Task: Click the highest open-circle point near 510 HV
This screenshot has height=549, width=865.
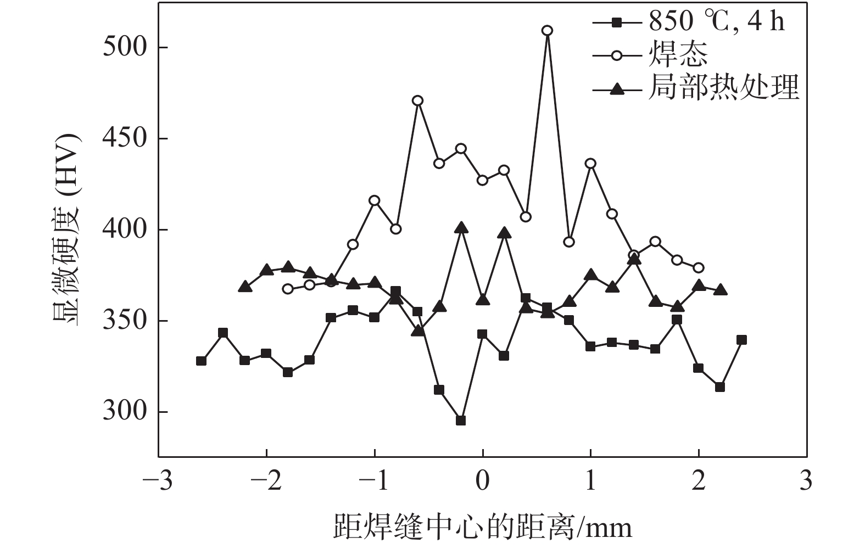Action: pyautogui.click(x=547, y=30)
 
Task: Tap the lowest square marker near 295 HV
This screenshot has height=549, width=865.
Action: pyautogui.click(x=461, y=421)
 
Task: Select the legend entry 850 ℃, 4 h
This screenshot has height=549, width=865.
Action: pyautogui.click(x=716, y=22)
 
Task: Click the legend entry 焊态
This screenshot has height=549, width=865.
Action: pyautogui.click(x=678, y=55)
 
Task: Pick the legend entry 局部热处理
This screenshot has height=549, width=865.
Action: pyautogui.click(x=723, y=88)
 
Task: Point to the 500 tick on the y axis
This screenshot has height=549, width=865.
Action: pyautogui.click(x=125, y=47)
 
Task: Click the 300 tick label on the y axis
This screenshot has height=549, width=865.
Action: pyautogui.click(x=125, y=412)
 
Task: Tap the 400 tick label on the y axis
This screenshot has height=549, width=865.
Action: pyautogui.click(x=125, y=229)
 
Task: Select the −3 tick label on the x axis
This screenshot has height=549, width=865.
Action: pyautogui.click(x=157, y=481)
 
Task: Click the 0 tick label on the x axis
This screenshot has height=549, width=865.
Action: pyautogui.click(x=482, y=481)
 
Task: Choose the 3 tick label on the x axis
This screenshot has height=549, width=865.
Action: pyautogui.click(x=806, y=481)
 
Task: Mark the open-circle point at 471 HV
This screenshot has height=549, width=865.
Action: pyautogui.click(x=417, y=100)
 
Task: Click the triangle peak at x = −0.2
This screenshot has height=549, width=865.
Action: pyautogui.click(x=461, y=227)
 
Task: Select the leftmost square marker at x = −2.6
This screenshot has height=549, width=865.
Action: pyautogui.click(x=201, y=361)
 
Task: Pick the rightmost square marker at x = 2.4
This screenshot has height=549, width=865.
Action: pyautogui.click(x=741, y=340)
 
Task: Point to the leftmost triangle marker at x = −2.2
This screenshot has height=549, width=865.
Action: pyautogui.click(x=245, y=287)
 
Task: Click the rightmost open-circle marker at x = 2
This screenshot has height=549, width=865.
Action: pyautogui.click(x=699, y=267)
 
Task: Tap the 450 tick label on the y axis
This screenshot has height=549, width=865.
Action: pyautogui.click(x=125, y=138)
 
